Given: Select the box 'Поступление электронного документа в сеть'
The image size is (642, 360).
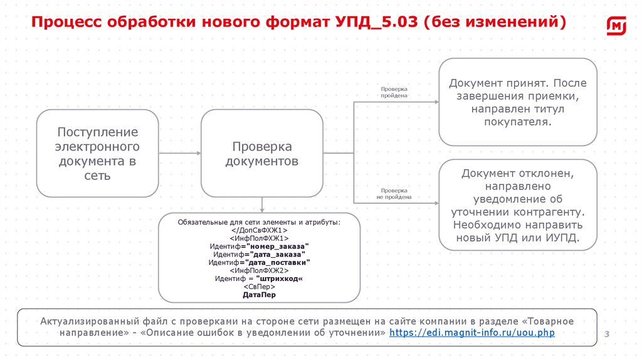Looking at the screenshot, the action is [x=98, y=154].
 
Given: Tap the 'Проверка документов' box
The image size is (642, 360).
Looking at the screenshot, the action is [x=262, y=154].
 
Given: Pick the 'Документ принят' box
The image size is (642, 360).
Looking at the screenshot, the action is [x=518, y=102].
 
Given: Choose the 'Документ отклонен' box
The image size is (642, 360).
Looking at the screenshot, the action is [x=518, y=205].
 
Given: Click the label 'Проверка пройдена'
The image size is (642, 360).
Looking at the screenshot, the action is [x=394, y=92].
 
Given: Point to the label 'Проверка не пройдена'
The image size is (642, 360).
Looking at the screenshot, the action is [x=394, y=193].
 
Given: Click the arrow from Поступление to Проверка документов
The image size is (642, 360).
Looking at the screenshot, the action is [x=179, y=153].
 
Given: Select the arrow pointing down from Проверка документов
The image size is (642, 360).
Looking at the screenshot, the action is [x=262, y=205].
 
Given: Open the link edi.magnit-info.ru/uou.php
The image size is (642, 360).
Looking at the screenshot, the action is [x=472, y=332].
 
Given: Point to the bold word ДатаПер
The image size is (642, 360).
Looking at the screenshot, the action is [x=259, y=294].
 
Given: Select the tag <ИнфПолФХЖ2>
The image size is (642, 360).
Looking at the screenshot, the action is [x=259, y=270].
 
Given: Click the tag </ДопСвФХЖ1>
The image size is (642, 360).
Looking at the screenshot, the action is [x=259, y=230].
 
